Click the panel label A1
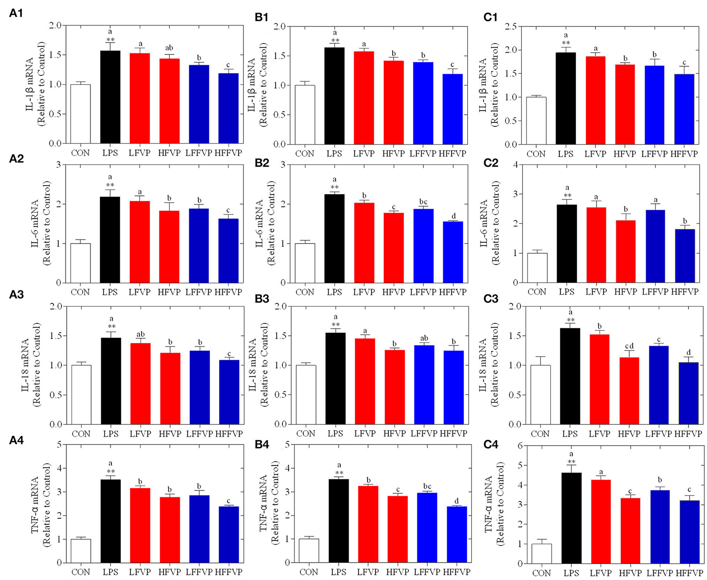(16, 14)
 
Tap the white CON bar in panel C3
(540, 395)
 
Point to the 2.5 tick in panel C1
(511, 27)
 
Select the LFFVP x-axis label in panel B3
(424, 434)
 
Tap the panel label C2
(490, 163)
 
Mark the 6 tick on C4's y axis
(519, 446)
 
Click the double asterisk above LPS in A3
(111, 326)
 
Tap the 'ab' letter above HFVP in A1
(169, 48)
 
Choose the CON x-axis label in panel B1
(304, 154)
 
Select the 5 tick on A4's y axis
(59, 444)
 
